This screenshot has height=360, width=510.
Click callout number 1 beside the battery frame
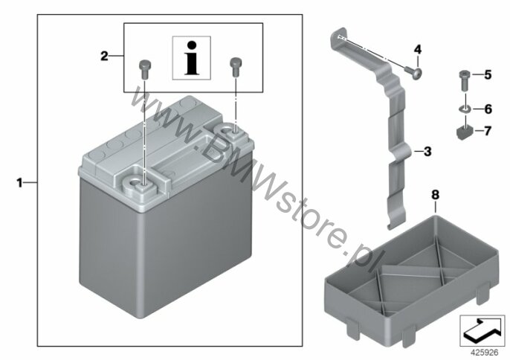point(20,183)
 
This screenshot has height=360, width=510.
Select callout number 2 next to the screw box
point(104,57)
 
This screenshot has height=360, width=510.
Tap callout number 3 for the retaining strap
point(427,151)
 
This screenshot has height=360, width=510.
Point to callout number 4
point(418,50)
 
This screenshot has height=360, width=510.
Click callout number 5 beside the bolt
point(488,75)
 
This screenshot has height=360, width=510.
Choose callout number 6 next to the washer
point(488,109)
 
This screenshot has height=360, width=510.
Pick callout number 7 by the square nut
point(487,131)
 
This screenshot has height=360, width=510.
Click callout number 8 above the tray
point(435,195)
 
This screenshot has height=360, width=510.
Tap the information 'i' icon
point(192,58)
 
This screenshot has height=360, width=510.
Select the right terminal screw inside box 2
point(235,67)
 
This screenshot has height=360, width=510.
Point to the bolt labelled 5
point(465,81)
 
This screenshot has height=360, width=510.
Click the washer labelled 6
point(465,109)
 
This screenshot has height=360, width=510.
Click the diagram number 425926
point(485,353)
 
